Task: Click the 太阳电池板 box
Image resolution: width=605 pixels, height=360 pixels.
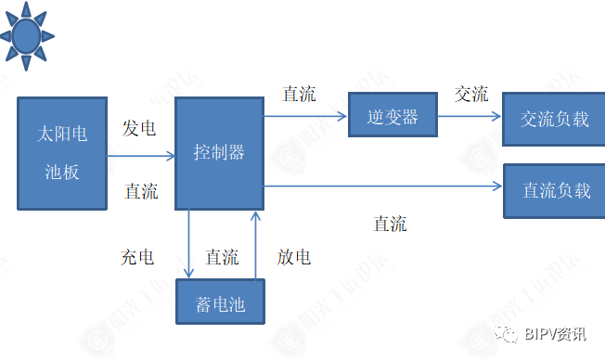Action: [62, 153]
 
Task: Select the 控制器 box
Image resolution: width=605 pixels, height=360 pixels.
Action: [219, 152]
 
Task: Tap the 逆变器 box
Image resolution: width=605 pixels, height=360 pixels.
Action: [393, 117]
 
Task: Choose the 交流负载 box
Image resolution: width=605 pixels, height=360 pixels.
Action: [554, 119]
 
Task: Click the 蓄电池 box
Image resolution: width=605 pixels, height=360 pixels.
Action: [220, 302]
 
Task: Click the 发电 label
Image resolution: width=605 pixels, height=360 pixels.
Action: [139, 129]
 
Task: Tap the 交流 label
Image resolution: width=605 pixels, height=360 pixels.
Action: [471, 94]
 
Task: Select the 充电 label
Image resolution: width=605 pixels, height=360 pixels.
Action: [137, 257]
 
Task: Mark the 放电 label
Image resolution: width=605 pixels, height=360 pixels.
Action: [293, 257]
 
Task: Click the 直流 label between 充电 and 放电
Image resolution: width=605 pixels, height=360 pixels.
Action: [222, 257]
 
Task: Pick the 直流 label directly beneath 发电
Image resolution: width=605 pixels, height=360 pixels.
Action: [141, 192]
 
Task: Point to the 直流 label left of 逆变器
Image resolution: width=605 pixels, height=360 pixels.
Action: [299, 94]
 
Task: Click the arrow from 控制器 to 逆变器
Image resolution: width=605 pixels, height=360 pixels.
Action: [305, 117]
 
